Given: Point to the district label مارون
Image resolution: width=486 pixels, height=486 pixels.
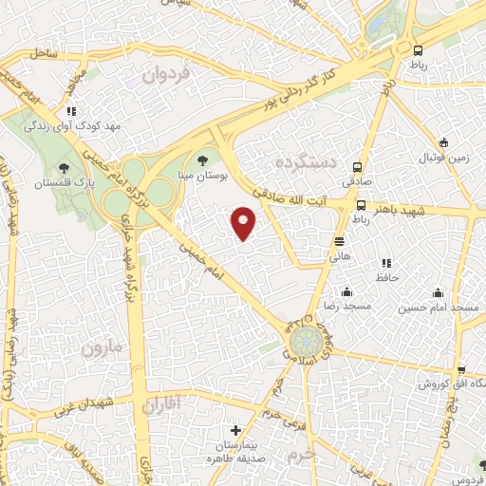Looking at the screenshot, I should point(102,348).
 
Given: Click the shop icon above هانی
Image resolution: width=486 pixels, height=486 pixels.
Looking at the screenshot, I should point(339,240).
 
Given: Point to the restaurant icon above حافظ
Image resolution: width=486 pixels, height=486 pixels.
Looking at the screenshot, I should point(384,262).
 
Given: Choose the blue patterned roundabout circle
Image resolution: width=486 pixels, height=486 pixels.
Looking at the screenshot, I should point(307,340).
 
